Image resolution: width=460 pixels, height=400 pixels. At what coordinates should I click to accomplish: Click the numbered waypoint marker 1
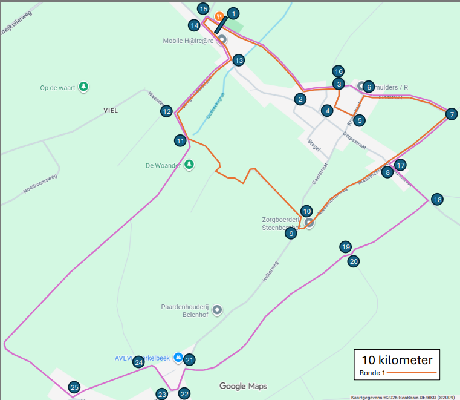[234, 13]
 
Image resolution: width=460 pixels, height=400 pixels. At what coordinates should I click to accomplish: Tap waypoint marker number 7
[450, 114]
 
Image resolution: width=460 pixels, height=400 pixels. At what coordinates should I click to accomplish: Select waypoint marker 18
[437, 199]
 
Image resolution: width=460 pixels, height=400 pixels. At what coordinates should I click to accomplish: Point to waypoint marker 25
[74, 387]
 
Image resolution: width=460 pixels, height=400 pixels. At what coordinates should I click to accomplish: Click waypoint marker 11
[180, 141]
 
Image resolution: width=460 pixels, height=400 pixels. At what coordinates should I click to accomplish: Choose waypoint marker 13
[239, 60]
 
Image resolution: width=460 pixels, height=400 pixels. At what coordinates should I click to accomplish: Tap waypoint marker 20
[354, 261]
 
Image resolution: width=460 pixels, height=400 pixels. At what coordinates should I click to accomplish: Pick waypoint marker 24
[138, 362]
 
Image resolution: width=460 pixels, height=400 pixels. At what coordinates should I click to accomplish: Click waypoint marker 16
[338, 71]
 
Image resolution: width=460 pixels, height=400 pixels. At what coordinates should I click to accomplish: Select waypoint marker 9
[291, 234]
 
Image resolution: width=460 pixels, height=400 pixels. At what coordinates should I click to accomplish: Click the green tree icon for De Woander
[189, 165]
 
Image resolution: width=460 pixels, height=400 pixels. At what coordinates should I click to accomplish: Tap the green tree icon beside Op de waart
[84, 87]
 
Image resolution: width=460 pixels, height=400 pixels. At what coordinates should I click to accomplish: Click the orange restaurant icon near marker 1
[219, 16]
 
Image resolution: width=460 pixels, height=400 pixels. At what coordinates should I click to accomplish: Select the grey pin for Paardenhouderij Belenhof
[218, 310]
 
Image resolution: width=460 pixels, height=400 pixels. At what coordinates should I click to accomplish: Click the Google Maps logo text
[242, 386]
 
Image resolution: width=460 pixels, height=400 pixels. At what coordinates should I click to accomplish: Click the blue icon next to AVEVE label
[178, 358]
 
